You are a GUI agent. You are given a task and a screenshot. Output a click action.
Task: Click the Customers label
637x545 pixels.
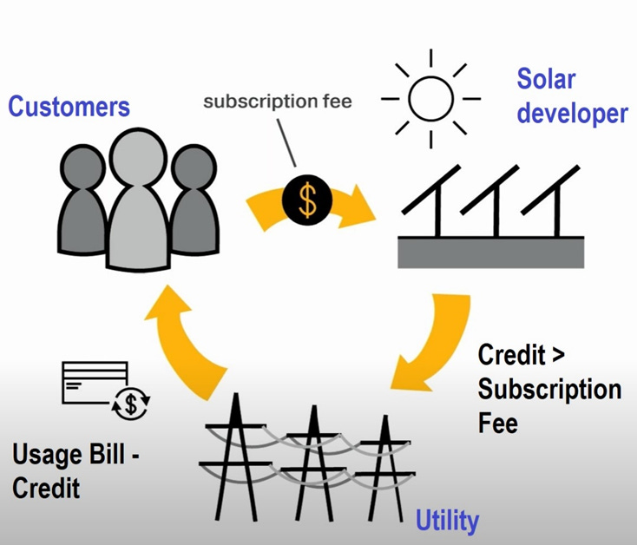pos(69,107)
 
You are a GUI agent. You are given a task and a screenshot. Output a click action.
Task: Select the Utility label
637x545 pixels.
pos(447,521)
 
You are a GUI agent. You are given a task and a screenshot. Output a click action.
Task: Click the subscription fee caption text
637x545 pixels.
pos(278,102)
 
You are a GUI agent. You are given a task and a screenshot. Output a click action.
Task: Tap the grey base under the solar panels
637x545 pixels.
pos(490,253)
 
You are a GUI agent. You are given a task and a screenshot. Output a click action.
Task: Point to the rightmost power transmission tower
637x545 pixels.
pos(382,464)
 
